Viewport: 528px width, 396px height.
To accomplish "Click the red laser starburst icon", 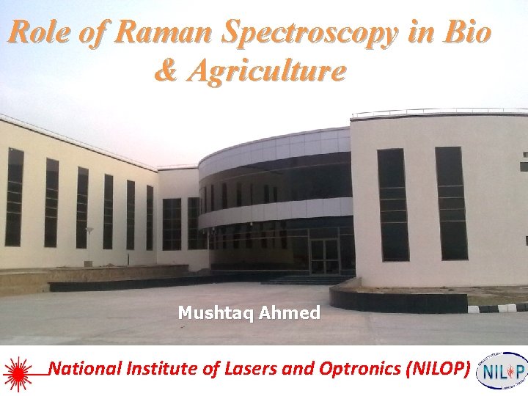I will pos(18,371).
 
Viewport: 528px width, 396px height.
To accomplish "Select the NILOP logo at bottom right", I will pos(502,371).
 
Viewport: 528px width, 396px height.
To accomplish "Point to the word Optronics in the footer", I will pos(359,369).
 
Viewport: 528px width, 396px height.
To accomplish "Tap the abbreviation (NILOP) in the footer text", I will pos(436,368).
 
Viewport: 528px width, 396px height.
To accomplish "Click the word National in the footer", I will pos(87,368).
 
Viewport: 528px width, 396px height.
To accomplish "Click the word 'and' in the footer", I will pos(298,368).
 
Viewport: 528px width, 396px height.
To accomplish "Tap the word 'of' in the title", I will pos(93,33).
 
